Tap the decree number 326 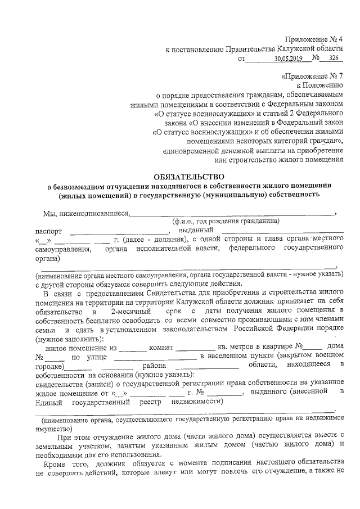tap(334, 58)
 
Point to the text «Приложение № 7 tap(311, 75)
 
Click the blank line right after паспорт tap(119, 231)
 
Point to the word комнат tap(163, 347)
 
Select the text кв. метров tap(236, 347)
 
